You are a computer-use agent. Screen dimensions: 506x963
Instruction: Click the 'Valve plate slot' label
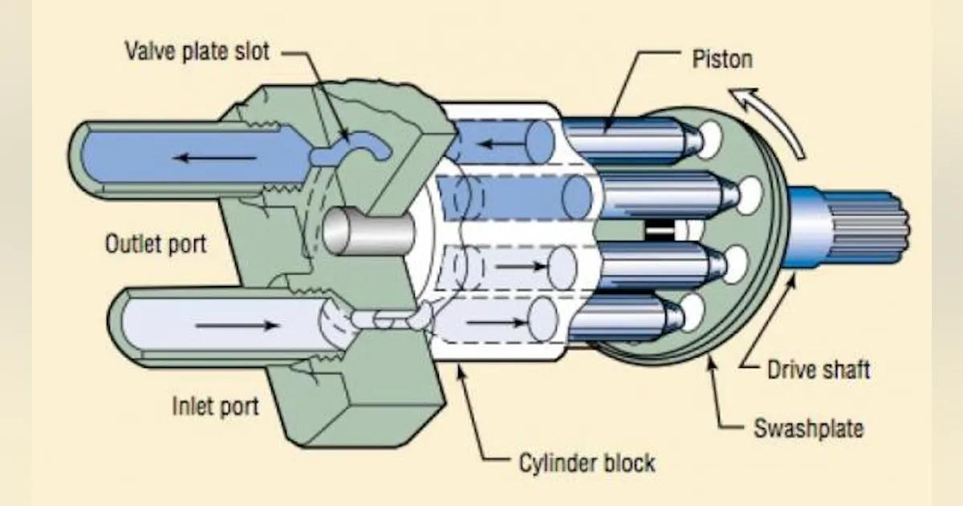pyautogui.click(x=197, y=52)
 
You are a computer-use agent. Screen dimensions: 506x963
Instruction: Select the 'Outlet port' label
pyautogui.click(x=155, y=243)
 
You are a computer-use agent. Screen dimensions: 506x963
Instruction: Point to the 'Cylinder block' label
pyautogui.click(x=585, y=463)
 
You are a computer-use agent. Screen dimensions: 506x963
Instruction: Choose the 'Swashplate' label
pyautogui.click(x=808, y=428)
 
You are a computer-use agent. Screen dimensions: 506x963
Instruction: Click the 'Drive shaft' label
pyautogui.click(x=818, y=370)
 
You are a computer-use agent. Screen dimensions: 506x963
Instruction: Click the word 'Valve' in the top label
pyautogui.click(x=151, y=52)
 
